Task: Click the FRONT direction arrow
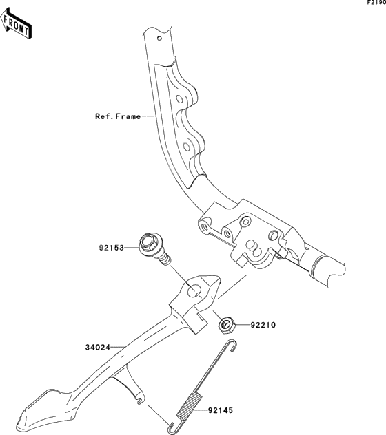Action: coord(16,23)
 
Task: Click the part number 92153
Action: coord(112,248)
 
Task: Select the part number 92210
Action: coord(263,325)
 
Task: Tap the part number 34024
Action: coord(98,348)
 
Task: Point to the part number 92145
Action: coord(221,410)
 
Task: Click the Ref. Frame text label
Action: coord(118,116)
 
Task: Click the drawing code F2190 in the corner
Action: coord(376,3)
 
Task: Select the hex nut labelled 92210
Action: coord(227,325)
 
